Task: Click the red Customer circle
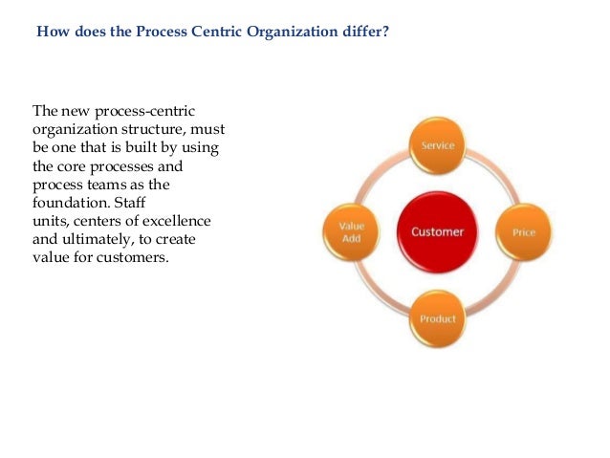437,231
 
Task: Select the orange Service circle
438,146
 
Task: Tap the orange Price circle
523,231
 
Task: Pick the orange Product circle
437,317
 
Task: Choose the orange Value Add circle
352,231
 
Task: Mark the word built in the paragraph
151,146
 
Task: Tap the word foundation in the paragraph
69,202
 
